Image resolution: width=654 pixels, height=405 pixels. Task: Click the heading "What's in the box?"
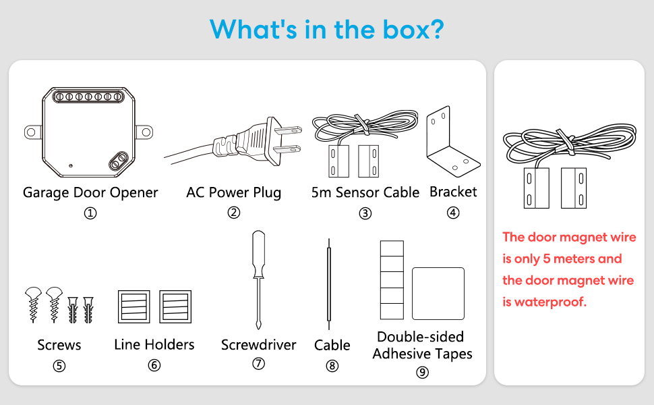(326, 29)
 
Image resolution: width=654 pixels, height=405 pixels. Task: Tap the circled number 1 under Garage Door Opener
(90, 213)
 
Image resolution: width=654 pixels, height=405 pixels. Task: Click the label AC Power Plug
(234, 192)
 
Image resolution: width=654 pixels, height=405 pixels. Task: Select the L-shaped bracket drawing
(452, 142)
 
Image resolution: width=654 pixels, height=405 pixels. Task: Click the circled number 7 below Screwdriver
(258, 364)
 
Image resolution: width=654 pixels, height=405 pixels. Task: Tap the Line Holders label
(154, 345)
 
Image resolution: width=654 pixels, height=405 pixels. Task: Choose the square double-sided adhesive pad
(438, 294)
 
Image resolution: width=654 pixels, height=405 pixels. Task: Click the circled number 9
(422, 372)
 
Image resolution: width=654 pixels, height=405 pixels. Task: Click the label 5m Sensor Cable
(365, 192)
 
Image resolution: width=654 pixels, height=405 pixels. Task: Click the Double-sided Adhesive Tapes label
(422, 345)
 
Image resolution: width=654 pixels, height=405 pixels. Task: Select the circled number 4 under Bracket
(453, 213)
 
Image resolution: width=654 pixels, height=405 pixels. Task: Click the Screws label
(59, 345)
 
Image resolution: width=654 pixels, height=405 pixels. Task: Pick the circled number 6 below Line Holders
(154, 365)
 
